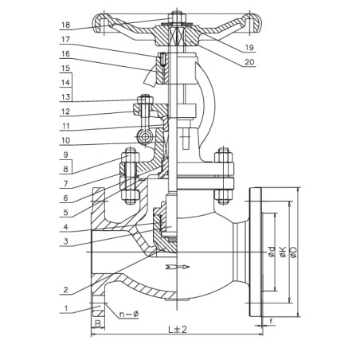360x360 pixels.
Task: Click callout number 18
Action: [x=65, y=25]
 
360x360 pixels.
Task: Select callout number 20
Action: [x=249, y=62]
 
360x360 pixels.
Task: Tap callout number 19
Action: [x=249, y=48]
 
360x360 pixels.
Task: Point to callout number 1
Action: [x=66, y=308]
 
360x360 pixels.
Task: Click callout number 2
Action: [x=65, y=290]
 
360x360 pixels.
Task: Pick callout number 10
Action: [x=65, y=140]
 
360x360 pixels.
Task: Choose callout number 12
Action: [x=65, y=112]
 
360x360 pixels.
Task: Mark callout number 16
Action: [x=65, y=54]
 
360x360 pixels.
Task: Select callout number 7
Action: [x=65, y=183]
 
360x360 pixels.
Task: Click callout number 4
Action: [x=65, y=227]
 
